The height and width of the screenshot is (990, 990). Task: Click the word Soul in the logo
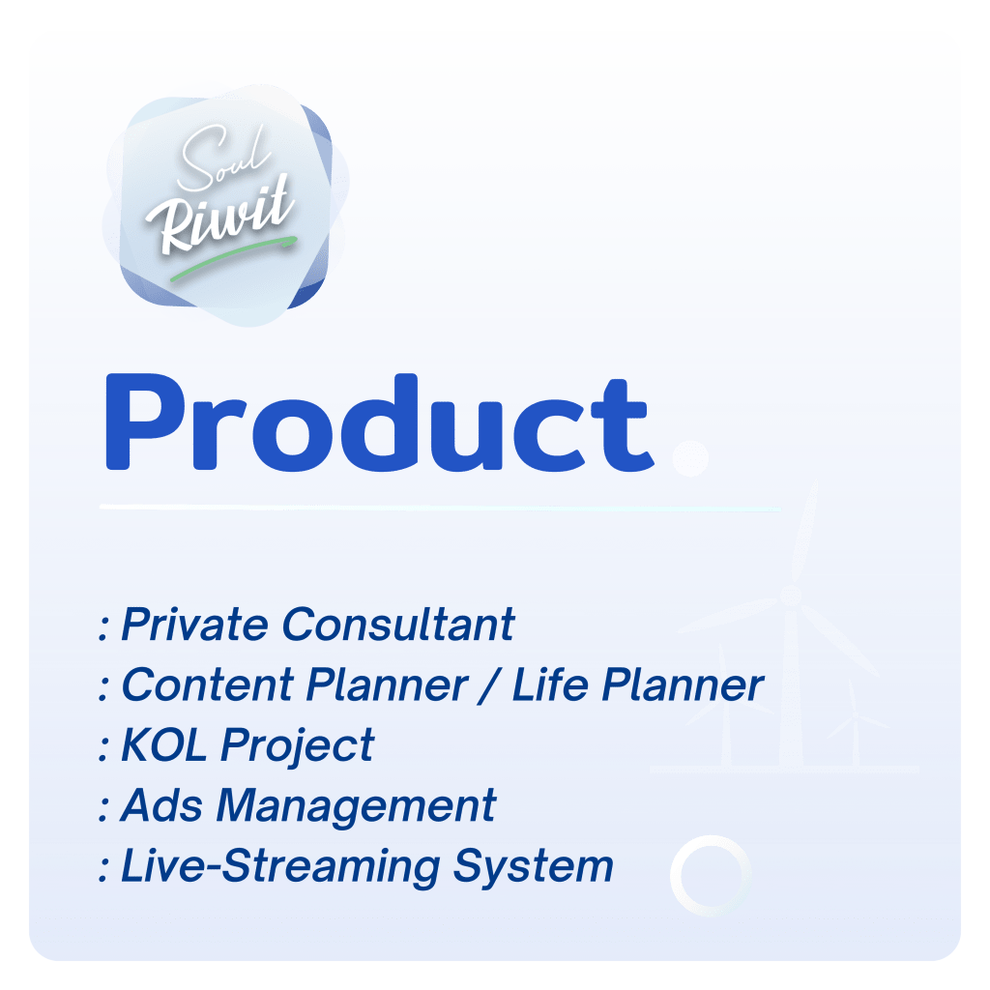[224, 157]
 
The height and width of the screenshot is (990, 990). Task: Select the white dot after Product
[690, 457]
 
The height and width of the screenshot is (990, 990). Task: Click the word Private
[194, 625]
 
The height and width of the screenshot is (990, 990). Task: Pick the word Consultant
[398, 625]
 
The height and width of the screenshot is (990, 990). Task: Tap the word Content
[208, 685]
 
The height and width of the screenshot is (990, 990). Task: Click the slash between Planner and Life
[489, 685]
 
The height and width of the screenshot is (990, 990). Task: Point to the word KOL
[163, 745]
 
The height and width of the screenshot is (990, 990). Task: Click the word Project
[298, 746]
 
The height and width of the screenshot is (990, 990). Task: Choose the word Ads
[161, 805]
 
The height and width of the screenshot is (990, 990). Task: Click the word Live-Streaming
[280, 867]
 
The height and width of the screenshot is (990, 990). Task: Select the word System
[534, 867]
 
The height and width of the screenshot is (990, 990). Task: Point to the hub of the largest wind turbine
[791, 595]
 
